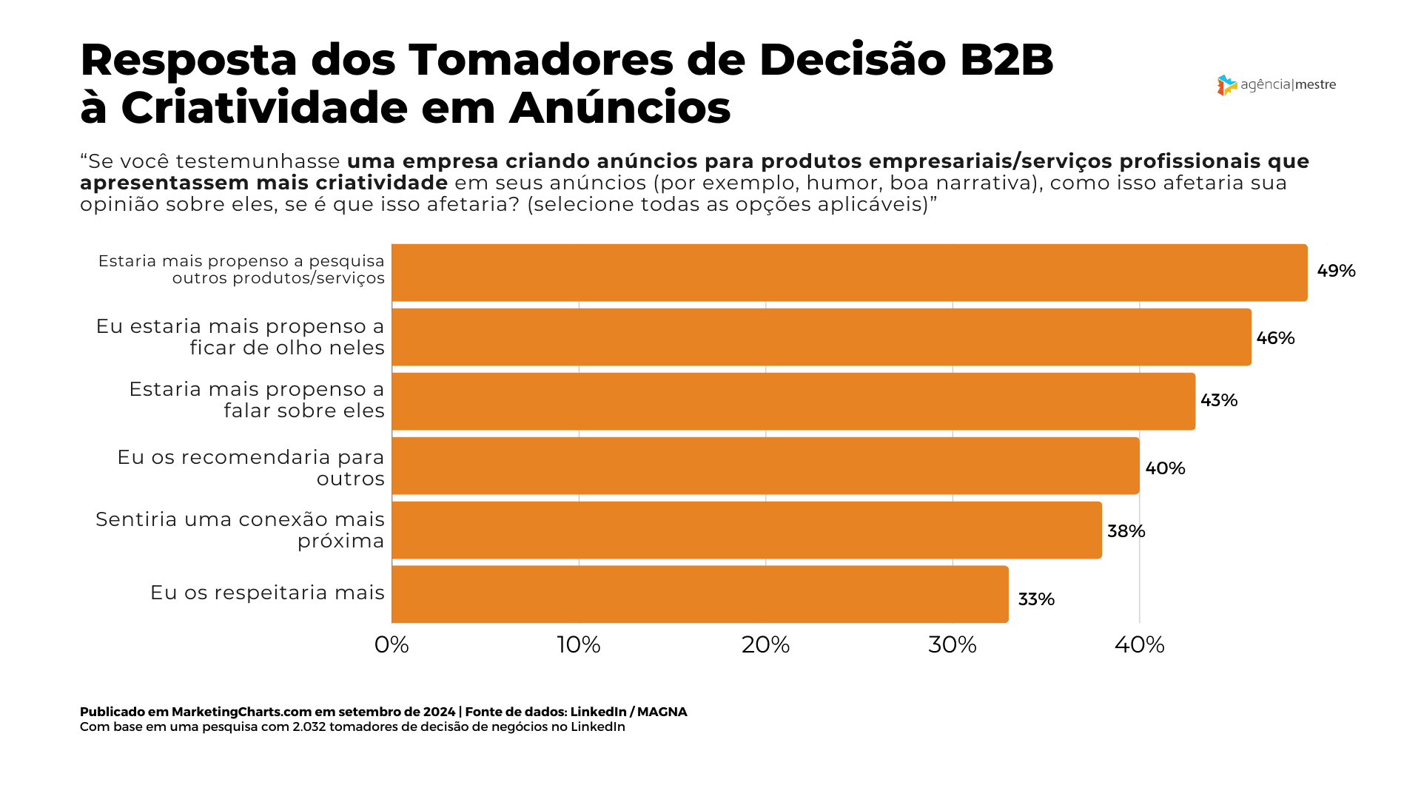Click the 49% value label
[x=1336, y=271]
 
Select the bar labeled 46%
[x=822, y=337]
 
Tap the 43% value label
[x=1219, y=400]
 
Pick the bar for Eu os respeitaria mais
[x=699, y=594]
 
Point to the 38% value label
[x=1126, y=531]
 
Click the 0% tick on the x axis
[x=392, y=645]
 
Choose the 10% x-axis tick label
[x=579, y=645]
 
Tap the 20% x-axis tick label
[x=766, y=645]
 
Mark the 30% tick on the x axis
[x=953, y=645]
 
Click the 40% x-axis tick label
[x=1140, y=645]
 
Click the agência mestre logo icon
[x=1226, y=85]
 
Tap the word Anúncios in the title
[x=619, y=108]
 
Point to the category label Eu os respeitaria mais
[x=267, y=593]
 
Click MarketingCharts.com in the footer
[x=241, y=712]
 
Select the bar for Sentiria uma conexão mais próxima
[x=746, y=530]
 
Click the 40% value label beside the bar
[x=1165, y=468]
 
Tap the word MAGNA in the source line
[x=662, y=712]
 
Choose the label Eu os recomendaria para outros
[x=251, y=468]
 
